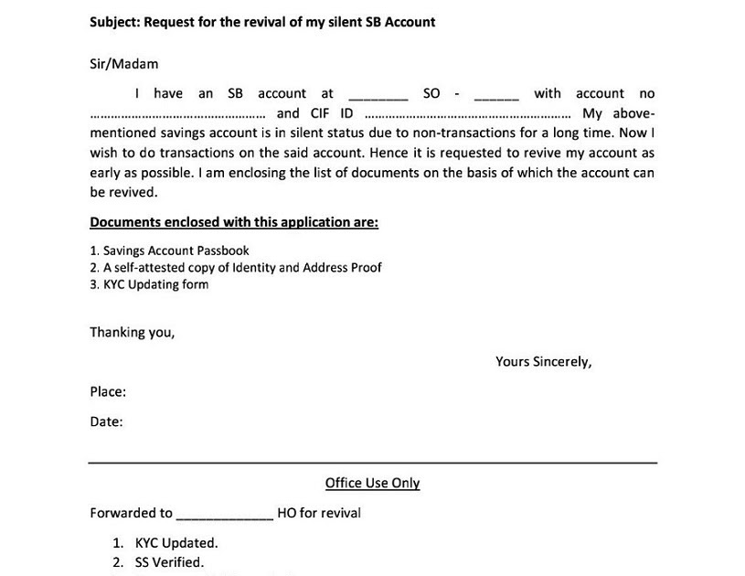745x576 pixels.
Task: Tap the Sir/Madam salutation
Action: (x=123, y=64)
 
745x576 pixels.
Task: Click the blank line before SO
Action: (x=378, y=95)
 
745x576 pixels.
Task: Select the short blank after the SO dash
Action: (x=496, y=95)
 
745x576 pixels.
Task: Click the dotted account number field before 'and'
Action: (x=178, y=115)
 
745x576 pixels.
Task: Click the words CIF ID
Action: (x=333, y=113)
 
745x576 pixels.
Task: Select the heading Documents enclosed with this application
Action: (x=234, y=222)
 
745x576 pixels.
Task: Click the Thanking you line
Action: (x=132, y=333)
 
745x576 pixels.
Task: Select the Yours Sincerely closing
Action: (x=543, y=362)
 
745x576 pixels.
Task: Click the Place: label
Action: (x=108, y=392)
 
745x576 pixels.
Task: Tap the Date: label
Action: (x=106, y=422)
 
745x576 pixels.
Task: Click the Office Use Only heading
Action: (x=372, y=484)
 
